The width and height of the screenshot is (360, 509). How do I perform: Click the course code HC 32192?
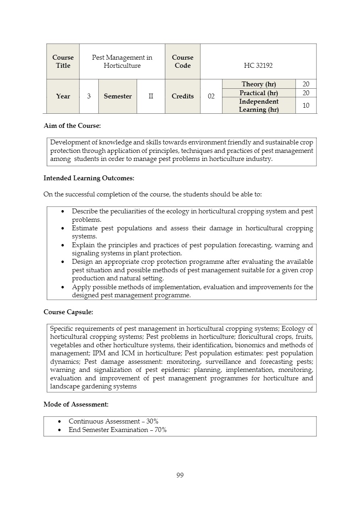coord(258,65)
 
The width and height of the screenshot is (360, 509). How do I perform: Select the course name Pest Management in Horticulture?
coord(122,61)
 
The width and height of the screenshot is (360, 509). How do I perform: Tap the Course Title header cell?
coord(63,61)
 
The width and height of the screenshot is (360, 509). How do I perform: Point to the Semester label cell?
coord(118,96)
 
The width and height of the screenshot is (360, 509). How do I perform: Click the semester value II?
coord(151,96)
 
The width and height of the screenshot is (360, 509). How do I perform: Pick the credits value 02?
coord(211,96)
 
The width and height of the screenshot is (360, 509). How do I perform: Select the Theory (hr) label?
coord(258,84)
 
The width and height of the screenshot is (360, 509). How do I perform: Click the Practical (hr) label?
coord(258,93)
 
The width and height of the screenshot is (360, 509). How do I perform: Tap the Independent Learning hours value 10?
coord(306,105)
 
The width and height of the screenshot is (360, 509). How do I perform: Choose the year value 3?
coord(89,96)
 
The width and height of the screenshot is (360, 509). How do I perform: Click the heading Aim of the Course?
coord(72,125)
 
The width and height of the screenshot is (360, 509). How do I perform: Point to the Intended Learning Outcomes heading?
coord(89,178)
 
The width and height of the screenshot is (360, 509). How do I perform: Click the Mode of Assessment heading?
coord(76,404)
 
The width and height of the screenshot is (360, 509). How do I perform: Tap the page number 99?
coord(180,475)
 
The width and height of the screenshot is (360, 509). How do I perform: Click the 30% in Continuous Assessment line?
coord(152,421)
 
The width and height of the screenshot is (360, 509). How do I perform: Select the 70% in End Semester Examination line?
coord(160,430)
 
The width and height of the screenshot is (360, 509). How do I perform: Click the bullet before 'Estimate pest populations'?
coord(62,228)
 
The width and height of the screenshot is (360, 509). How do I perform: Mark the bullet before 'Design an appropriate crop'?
coord(62,262)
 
